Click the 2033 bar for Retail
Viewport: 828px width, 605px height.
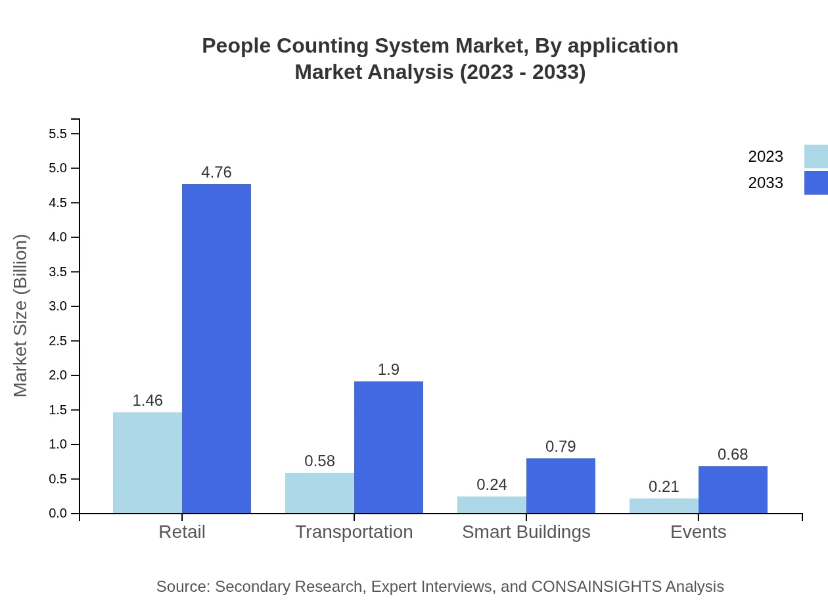point(216,349)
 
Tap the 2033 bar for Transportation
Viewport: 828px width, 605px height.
point(388,447)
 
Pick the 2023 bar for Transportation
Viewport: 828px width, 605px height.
point(319,493)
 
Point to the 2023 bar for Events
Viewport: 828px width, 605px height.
point(664,506)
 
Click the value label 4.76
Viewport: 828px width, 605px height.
point(216,172)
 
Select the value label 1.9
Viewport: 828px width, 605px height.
point(388,370)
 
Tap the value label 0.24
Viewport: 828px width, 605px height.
point(492,485)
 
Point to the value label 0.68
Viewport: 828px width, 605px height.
point(733,454)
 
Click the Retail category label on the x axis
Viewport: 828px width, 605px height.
point(182,532)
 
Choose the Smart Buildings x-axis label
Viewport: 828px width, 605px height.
point(526,532)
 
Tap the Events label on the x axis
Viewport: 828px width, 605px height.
point(698,532)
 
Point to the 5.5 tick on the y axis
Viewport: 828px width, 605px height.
point(58,134)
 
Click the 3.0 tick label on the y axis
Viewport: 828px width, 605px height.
point(58,306)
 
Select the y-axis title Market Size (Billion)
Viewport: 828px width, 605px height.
point(21,316)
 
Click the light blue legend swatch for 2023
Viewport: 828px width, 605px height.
point(816,157)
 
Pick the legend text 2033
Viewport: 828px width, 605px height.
point(766,183)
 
